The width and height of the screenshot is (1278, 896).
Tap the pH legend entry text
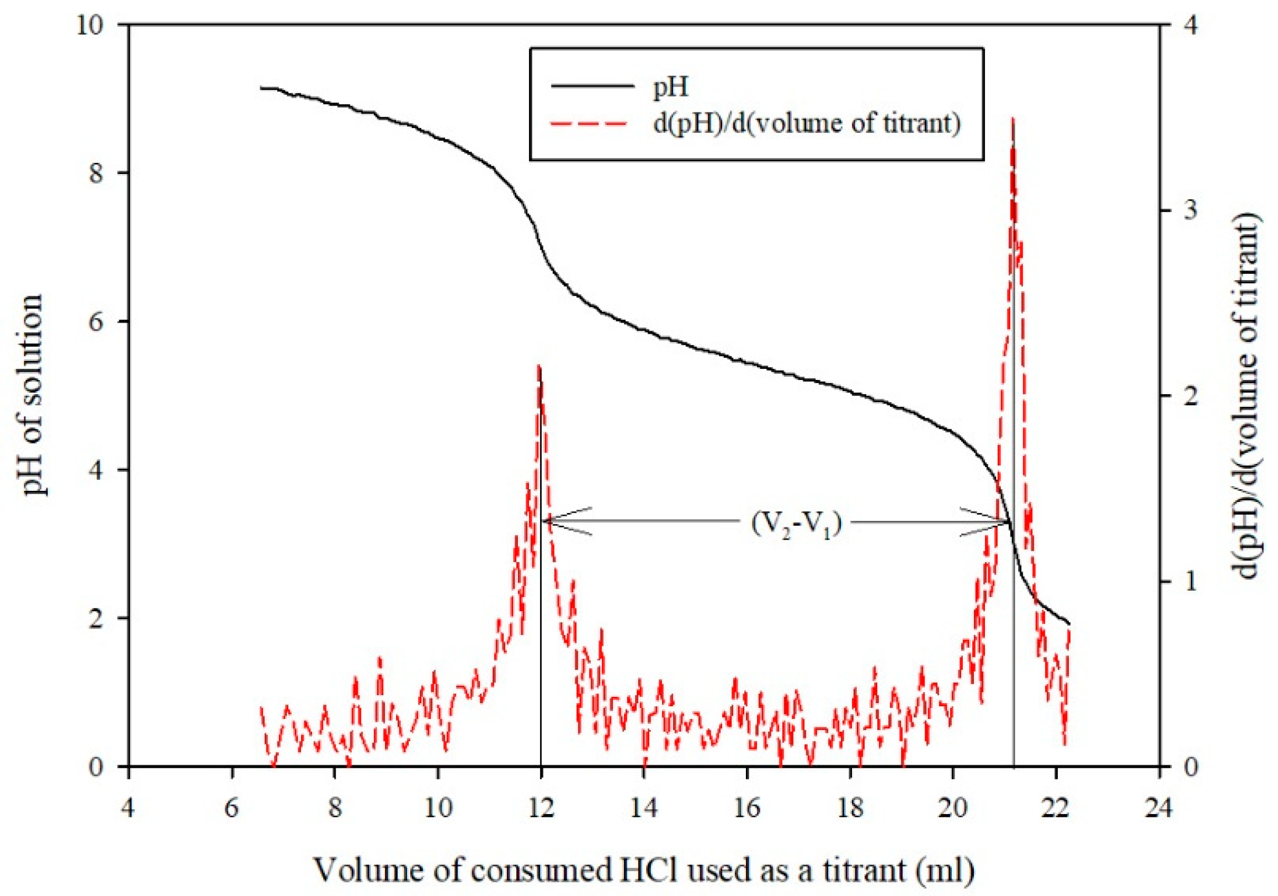point(670,87)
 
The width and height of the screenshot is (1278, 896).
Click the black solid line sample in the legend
point(593,86)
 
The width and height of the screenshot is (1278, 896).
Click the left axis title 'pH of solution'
point(34,395)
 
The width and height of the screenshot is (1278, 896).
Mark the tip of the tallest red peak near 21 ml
point(1013,119)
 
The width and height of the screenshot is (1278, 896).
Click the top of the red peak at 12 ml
point(539,366)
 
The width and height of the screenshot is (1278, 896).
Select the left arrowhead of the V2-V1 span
point(545,521)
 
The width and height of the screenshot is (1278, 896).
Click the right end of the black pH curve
point(1069,624)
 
